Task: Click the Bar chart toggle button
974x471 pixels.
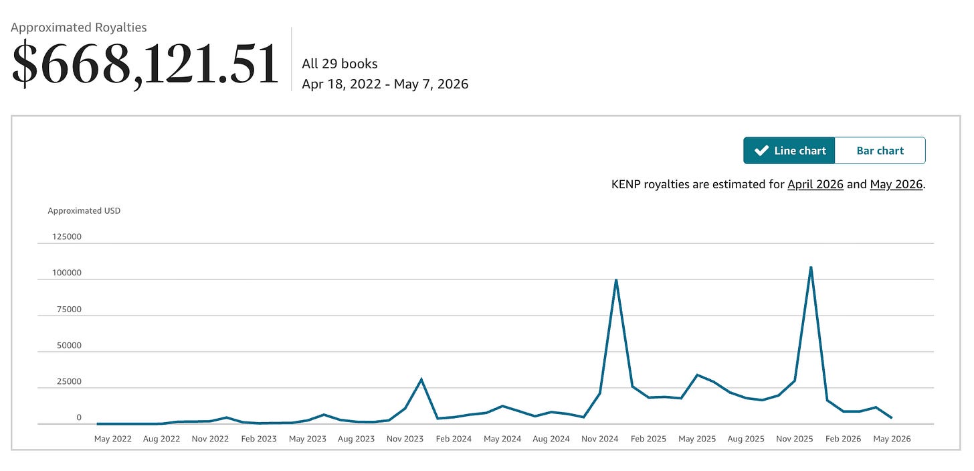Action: (x=880, y=151)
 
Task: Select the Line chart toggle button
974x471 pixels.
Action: (x=789, y=151)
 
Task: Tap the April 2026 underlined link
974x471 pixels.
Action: (x=815, y=184)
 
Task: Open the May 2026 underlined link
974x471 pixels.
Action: (x=896, y=184)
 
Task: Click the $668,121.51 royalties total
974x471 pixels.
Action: (x=144, y=64)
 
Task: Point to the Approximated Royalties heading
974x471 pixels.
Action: (x=79, y=27)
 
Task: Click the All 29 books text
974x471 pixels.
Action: (x=340, y=64)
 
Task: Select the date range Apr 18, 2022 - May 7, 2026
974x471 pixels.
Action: (x=385, y=84)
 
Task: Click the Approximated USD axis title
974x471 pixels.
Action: (x=84, y=210)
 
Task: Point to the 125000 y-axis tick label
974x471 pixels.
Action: (x=66, y=237)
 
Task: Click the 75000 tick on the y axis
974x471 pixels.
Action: (x=69, y=310)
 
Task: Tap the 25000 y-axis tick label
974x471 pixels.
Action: (x=69, y=382)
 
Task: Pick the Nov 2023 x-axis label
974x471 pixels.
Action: (x=405, y=439)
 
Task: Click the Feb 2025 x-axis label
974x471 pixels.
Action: (x=648, y=439)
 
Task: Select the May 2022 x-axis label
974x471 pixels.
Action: (x=112, y=439)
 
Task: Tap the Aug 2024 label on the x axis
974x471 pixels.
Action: (x=551, y=439)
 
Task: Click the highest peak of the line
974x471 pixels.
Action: (x=811, y=267)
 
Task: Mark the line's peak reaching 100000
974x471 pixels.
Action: (x=616, y=280)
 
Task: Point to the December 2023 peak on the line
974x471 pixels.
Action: (x=421, y=380)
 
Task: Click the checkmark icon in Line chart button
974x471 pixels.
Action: (x=761, y=151)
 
